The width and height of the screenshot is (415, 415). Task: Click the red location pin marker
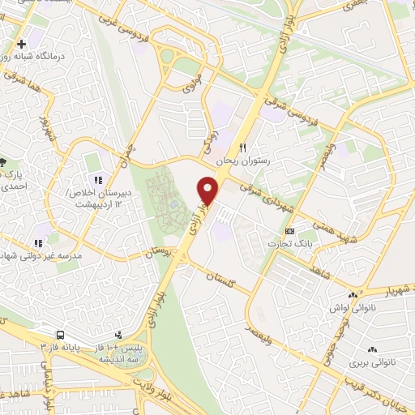209,191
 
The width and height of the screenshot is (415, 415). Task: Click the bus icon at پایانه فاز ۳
60,335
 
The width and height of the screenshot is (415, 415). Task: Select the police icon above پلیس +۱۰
118,334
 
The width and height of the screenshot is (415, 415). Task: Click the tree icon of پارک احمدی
2,161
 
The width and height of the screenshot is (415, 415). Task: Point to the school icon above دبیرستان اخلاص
96,180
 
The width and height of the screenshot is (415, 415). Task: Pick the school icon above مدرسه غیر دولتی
37,242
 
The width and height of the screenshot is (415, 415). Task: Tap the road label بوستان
160,254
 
